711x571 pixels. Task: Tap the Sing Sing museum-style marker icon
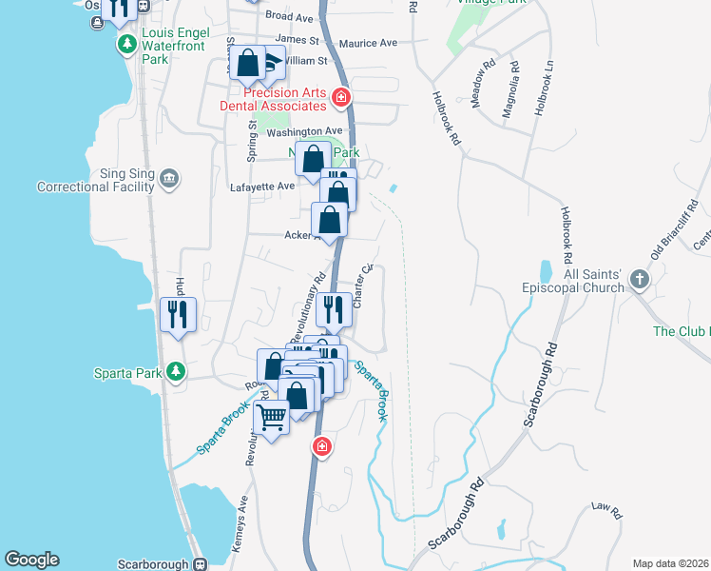coord(169,177)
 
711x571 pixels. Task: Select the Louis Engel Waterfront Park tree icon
coord(126,44)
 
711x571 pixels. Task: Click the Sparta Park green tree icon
coord(175,371)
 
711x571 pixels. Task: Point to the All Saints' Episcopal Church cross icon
coord(639,279)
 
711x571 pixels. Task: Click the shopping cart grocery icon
coord(272,418)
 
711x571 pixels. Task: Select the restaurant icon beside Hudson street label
coord(179,313)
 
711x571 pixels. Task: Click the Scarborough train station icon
coord(200,563)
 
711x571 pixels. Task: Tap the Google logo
coord(31,560)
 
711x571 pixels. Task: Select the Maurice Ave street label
coord(368,43)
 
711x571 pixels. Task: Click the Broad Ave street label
coord(289,17)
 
